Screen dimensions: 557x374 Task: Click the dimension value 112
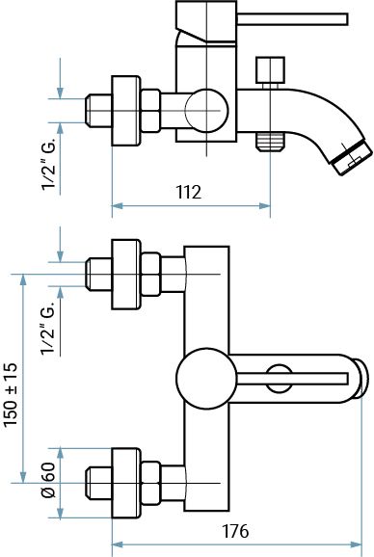tap(189, 192)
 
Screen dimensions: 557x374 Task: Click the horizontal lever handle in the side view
tap(289, 18)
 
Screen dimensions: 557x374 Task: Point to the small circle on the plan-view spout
tap(280, 377)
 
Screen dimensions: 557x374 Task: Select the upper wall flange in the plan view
tap(125, 275)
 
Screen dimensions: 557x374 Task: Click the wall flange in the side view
tap(125, 111)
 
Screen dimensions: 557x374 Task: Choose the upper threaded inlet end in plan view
tap(98, 275)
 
